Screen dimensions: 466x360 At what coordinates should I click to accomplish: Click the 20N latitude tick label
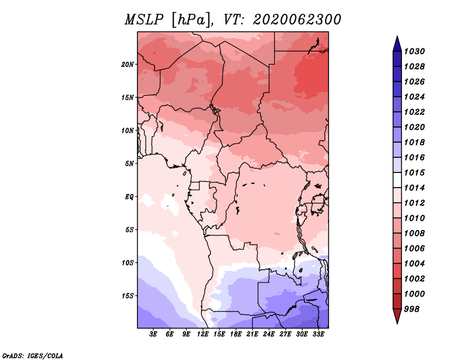[128, 64]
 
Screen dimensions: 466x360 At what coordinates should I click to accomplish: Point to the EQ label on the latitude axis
[129, 197]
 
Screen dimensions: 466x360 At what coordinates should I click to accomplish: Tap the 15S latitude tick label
[128, 296]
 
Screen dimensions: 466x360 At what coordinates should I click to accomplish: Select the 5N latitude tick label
[129, 164]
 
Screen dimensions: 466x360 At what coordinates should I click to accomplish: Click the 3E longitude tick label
[153, 334]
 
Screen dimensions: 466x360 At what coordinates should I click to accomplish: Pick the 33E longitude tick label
[318, 334]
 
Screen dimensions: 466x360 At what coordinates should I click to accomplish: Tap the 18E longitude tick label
[236, 334]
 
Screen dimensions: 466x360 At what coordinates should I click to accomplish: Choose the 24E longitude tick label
[269, 334]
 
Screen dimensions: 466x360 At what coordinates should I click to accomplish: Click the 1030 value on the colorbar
[415, 51]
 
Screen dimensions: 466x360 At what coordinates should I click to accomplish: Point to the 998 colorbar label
[412, 309]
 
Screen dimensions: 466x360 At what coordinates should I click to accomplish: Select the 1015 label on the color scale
[415, 172]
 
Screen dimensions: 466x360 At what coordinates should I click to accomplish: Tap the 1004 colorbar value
[415, 264]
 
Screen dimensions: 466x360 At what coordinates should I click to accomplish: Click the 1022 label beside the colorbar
[415, 112]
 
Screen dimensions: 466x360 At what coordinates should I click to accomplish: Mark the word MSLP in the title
[144, 20]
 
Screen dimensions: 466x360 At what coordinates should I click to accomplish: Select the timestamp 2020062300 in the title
[297, 20]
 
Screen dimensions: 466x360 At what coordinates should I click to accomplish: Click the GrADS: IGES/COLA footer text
[33, 355]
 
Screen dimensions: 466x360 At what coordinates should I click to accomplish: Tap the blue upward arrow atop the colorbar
[397, 44]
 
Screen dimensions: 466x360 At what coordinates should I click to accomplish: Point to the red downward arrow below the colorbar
[397, 316]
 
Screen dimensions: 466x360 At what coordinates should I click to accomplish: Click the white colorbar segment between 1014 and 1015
[397, 180]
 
